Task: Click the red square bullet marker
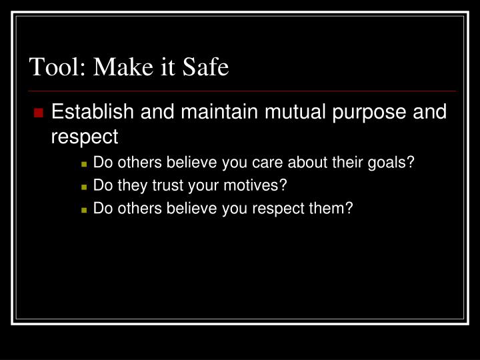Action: tap(38, 112)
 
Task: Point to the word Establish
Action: tap(93, 111)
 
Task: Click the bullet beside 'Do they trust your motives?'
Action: tap(84, 186)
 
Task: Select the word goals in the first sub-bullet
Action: tap(393, 162)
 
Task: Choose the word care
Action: tap(268, 161)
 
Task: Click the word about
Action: tap(305, 161)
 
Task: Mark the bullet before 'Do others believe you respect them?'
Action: tap(84, 209)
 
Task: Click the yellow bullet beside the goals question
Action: tap(84, 163)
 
